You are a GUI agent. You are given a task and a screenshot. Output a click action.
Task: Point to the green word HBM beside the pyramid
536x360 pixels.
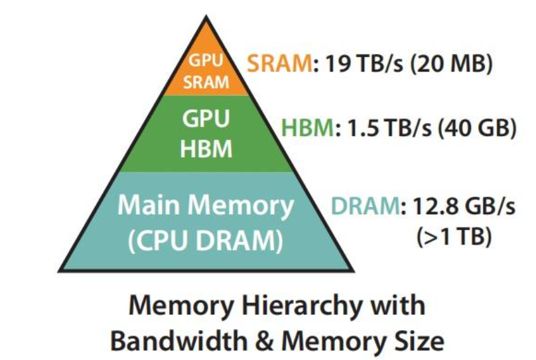(x=307, y=128)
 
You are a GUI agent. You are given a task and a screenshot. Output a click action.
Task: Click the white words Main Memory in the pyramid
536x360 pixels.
(x=206, y=206)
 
